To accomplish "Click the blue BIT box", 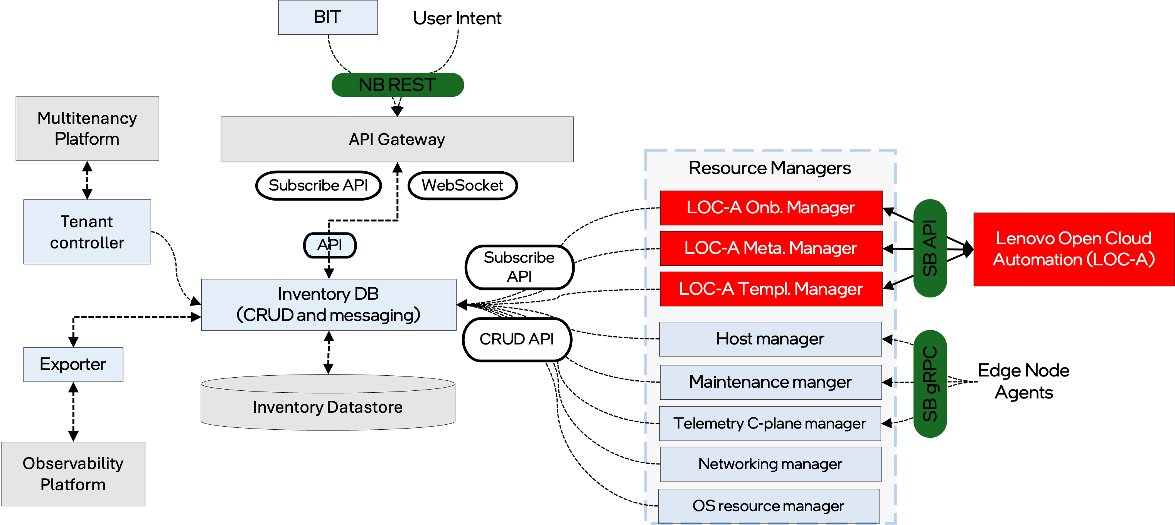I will pyautogui.click(x=327, y=17).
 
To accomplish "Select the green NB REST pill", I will pyautogui.click(x=397, y=85).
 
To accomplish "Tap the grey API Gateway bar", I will pyautogui.click(x=397, y=139).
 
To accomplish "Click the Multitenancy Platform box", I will pyautogui.click(x=87, y=128).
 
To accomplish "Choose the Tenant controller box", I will pyautogui.click(x=87, y=232).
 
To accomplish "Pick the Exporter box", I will pyautogui.click(x=73, y=365).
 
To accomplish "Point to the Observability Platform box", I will pyautogui.click(x=73, y=474).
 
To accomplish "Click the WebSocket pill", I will pyautogui.click(x=462, y=185).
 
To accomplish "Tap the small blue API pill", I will pyautogui.click(x=329, y=245).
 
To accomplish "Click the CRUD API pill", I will pyautogui.click(x=516, y=339).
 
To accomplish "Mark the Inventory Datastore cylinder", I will pyautogui.click(x=327, y=406).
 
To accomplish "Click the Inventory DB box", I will pyautogui.click(x=329, y=305).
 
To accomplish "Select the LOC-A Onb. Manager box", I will pyautogui.click(x=770, y=208).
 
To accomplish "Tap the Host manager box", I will pyautogui.click(x=770, y=339).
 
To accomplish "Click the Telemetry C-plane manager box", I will pyautogui.click(x=769, y=423).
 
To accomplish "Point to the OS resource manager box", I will pyautogui.click(x=768, y=506).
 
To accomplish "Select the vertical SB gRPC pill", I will pyautogui.click(x=930, y=383).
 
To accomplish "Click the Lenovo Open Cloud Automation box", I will pyautogui.click(x=1073, y=249).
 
